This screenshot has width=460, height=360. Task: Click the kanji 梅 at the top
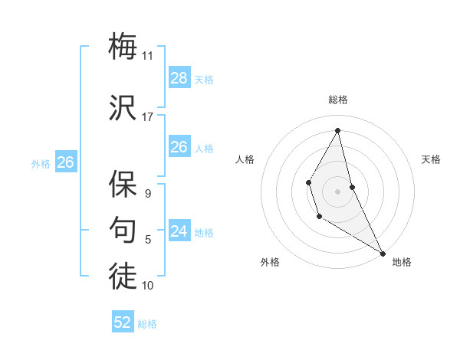[123, 47]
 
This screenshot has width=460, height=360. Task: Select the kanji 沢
[123, 108]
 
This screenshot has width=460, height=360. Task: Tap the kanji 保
[123, 185]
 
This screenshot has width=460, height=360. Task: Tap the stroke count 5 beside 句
[148, 240]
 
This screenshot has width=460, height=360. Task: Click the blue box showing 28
[179, 78]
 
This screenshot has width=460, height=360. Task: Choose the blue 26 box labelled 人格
[179, 147]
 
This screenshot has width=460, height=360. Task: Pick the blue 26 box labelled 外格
[66, 162]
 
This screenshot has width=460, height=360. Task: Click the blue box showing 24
[179, 231]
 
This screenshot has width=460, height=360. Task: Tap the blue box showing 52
[123, 322]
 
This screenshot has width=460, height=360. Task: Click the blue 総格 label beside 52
[147, 324]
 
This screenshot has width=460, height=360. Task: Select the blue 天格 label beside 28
[203, 80]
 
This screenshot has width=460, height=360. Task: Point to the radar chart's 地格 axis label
[402, 262]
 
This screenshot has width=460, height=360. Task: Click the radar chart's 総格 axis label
[337, 100]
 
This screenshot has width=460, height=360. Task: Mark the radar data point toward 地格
[383, 253]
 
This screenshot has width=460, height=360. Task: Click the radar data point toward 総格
[337, 129]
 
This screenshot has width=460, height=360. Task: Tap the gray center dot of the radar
[337, 190]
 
